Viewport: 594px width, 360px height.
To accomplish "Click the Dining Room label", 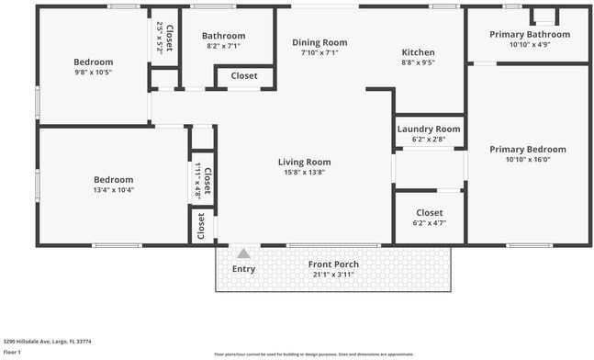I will pyautogui.click(x=319, y=42).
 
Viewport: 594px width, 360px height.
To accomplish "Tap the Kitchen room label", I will pyautogui.click(x=418, y=52).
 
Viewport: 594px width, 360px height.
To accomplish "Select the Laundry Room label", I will pyautogui.click(x=429, y=129).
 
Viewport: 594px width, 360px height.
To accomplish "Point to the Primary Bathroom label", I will pyautogui.click(x=529, y=34).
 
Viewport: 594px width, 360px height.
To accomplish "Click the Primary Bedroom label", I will pyautogui.click(x=527, y=149).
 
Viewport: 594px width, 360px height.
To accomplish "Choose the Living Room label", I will pyautogui.click(x=304, y=162).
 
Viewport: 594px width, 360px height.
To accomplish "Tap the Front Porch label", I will pyautogui.click(x=333, y=264).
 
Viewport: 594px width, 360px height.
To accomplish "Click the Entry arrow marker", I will pyautogui.click(x=243, y=253).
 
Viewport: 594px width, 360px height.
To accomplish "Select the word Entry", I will pyautogui.click(x=243, y=269).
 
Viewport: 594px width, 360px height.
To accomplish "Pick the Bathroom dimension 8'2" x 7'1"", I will pyautogui.click(x=223, y=46).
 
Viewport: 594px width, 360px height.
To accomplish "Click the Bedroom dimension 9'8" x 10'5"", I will pyautogui.click(x=92, y=73).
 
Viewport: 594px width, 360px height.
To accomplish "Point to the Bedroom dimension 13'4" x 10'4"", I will pyautogui.click(x=114, y=190).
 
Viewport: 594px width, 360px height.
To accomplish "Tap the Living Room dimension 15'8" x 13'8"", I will pyautogui.click(x=304, y=172).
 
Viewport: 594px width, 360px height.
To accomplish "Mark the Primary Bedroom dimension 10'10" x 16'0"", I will pyautogui.click(x=527, y=159).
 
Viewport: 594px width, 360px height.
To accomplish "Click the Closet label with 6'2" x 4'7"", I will pyautogui.click(x=429, y=212).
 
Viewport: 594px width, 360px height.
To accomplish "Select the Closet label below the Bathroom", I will pyautogui.click(x=243, y=75).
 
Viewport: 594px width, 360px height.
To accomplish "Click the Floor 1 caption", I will pyautogui.click(x=12, y=352).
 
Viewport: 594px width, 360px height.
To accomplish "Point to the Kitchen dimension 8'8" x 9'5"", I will pyautogui.click(x=418, y=62).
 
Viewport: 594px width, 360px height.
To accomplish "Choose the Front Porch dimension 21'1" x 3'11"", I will pyautogui.click(x=333, y=275).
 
